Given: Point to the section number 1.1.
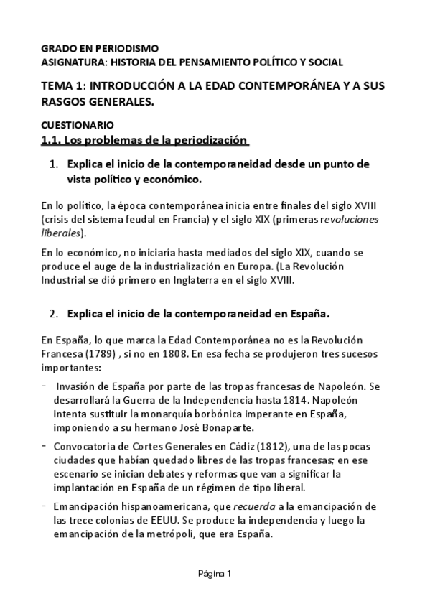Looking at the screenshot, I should point(52,139).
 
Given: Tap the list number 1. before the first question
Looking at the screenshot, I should point(53,164).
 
